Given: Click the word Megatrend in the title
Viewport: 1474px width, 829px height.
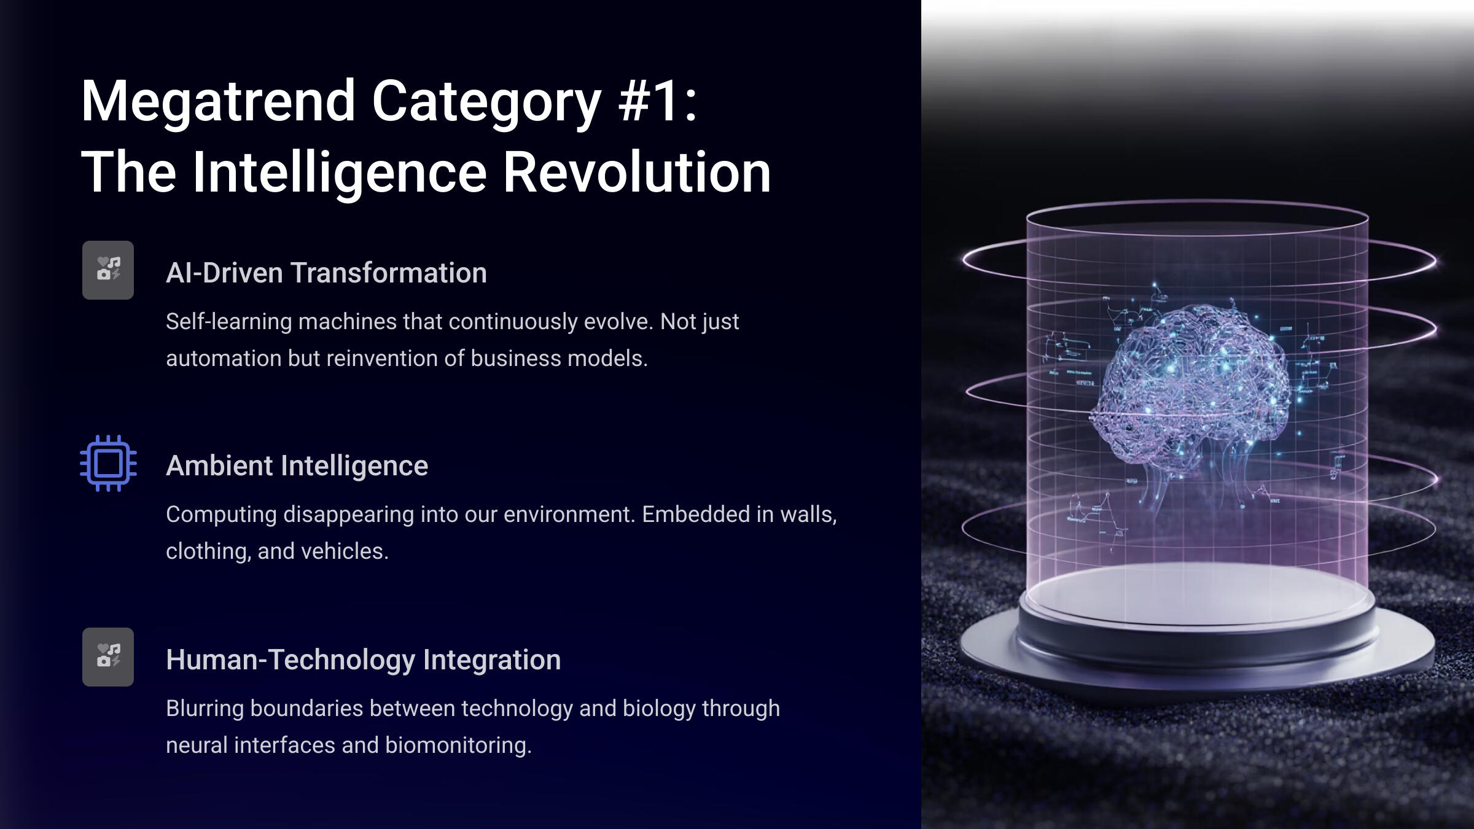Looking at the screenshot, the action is (218, 102).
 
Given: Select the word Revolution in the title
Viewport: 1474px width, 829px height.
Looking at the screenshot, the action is (637, 173).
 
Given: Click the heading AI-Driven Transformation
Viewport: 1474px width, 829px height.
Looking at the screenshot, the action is (326, 273).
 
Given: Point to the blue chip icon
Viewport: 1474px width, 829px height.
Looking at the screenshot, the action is (108, 463).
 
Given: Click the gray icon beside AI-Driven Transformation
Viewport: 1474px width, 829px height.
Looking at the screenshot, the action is (108, 270).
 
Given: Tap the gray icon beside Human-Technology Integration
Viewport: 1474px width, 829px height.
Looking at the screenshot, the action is (108, 657).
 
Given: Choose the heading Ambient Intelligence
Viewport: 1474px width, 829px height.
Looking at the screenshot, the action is (297, 465).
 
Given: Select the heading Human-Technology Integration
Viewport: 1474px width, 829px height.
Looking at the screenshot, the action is (363, 660).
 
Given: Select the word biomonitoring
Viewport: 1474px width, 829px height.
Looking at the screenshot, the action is (458, 745).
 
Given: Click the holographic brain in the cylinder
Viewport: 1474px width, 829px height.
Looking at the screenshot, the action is (1191, 387).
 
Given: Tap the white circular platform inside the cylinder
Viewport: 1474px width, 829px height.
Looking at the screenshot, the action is (1198, 593).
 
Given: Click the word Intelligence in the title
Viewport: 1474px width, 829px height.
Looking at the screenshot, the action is (340, 174).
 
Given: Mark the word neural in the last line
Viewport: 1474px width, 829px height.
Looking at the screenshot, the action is (197, 745).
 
